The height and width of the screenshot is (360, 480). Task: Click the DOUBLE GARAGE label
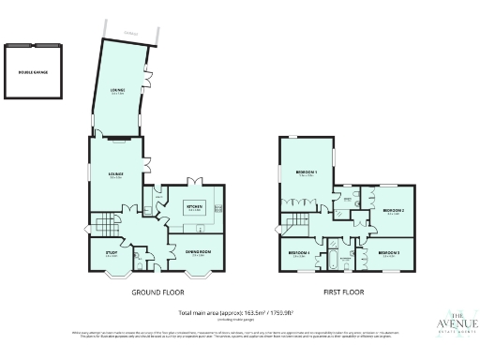coord(32,71)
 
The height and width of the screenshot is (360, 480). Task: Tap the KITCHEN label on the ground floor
coord(195,208)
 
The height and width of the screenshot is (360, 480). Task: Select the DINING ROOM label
coord(196,253)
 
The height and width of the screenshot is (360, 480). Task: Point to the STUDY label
coord(112,253)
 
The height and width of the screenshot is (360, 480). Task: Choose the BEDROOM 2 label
coord(393,211)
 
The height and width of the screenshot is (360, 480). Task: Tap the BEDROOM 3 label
coord(389,253)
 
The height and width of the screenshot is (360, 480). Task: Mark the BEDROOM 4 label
coord(298,253)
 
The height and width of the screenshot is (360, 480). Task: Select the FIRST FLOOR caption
coord(345,292)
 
